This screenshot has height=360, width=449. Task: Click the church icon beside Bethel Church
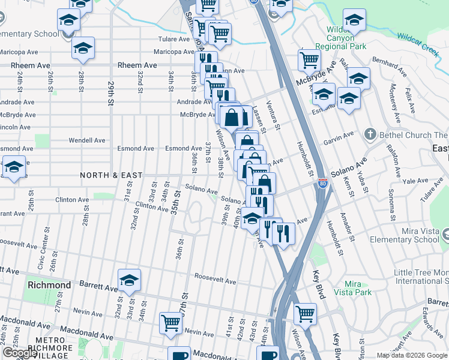pyautogui.click(x=370, y=134)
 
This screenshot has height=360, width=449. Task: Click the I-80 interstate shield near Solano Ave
pyautogui.click(x=322, y=184)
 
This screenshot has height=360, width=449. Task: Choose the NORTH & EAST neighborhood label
pyautogui.click(x=112, y=175)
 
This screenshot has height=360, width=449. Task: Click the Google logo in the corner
pyautogui.click(x=20, y=353)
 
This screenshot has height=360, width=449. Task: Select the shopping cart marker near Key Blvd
pyautogui.click(x=306, y=313)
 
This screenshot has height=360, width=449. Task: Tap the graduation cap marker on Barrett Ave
pyautogui.click(x=129, y=280)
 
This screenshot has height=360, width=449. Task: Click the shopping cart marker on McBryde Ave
pyautogui.click(x=309, y=60)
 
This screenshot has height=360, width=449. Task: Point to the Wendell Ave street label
pyautogui.click(x=86, y=140)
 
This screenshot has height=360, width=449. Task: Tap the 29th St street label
pyautogui.click(x=110, y=93)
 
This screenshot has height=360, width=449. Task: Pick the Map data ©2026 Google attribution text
pyautogui.click(x=411, y=355)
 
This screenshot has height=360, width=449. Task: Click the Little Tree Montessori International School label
pyautogui.click(x=421, y=277)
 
